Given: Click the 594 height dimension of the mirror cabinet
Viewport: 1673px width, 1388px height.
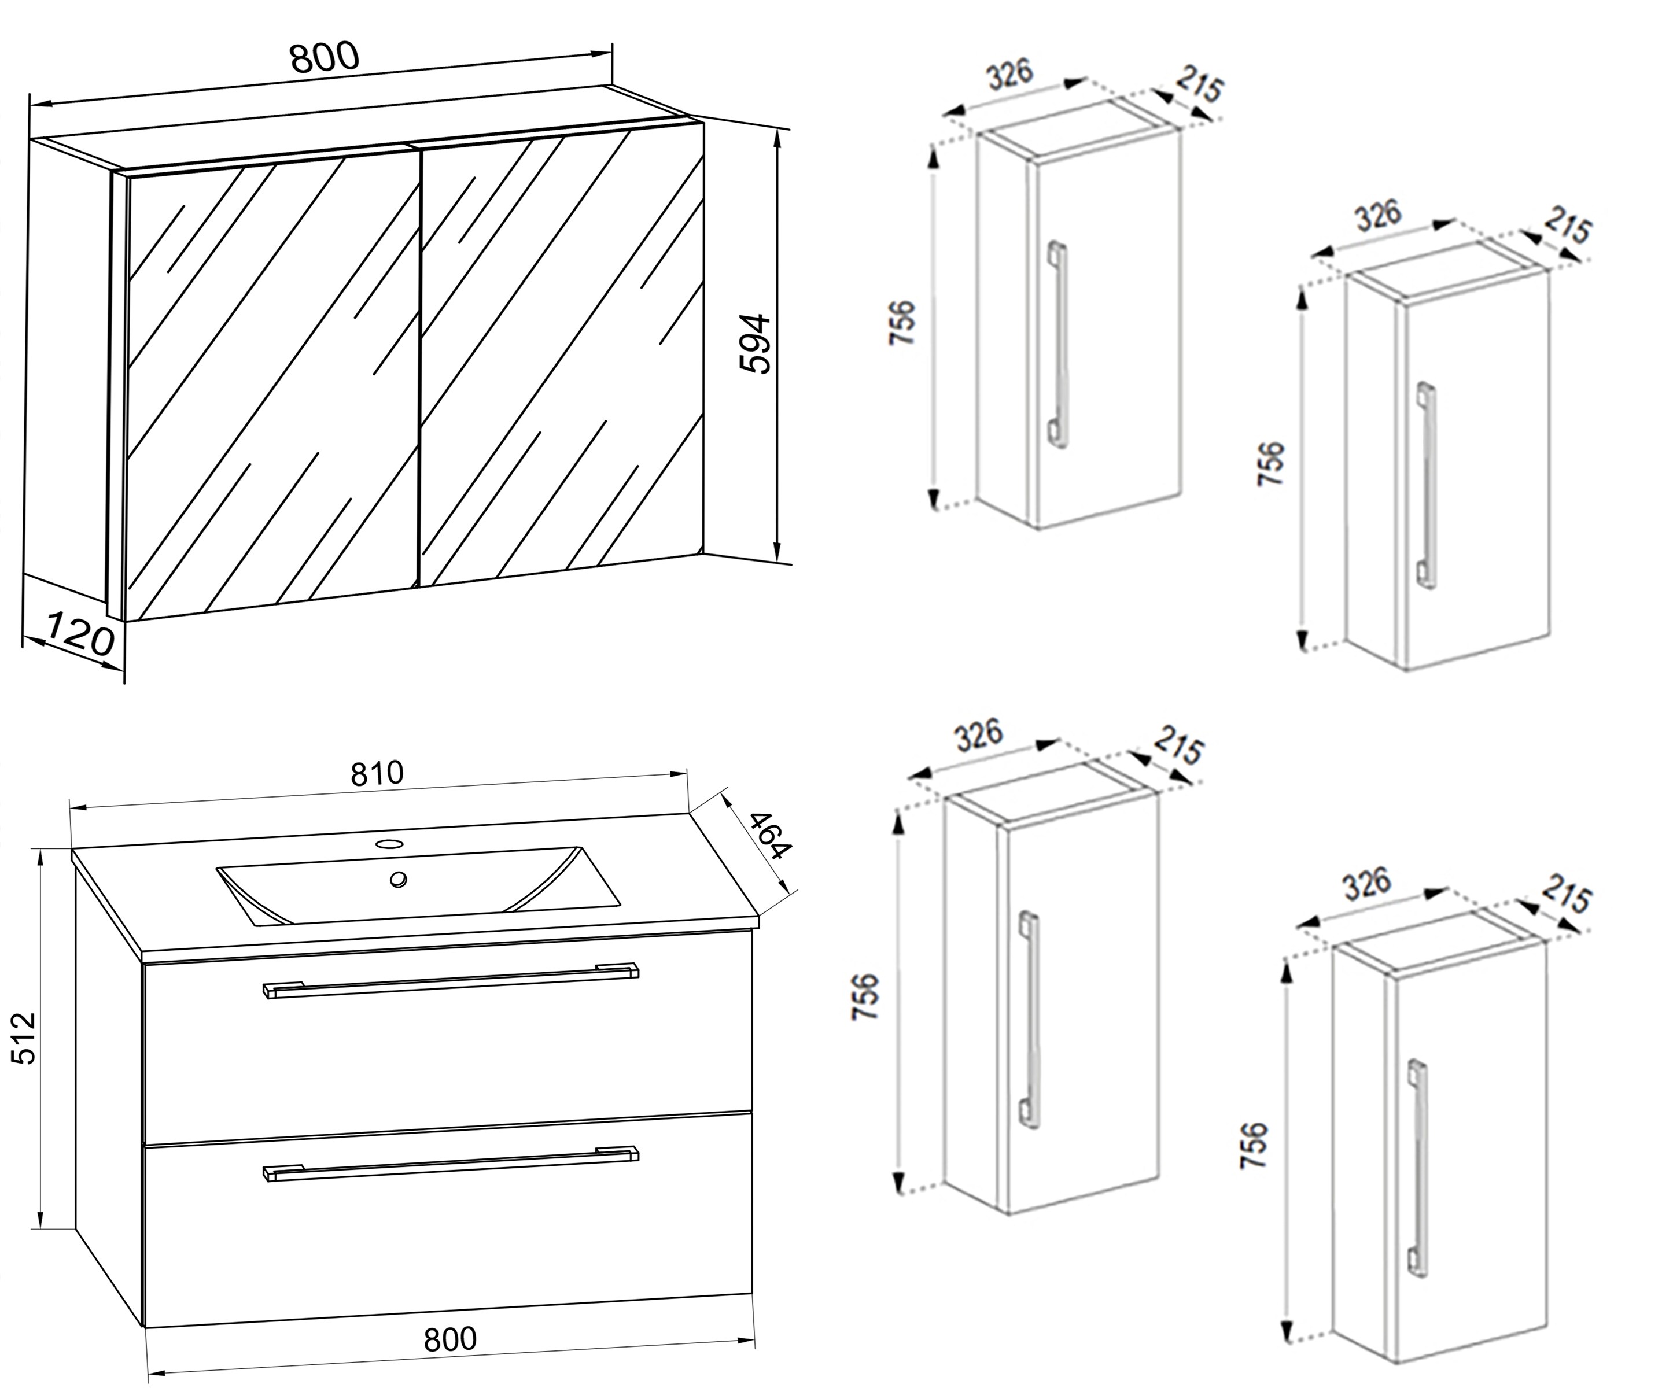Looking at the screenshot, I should click(754, 344).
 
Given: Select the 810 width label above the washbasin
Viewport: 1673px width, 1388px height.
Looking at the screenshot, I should click(378, 773).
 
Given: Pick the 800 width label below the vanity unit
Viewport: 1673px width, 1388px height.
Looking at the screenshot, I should click(450, 1339).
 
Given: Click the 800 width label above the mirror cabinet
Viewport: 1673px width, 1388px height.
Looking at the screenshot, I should click(324, 57).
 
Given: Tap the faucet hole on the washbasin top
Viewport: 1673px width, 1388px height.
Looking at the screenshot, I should click(389, 843).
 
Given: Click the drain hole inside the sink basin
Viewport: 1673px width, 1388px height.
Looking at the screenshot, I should click(399, 879).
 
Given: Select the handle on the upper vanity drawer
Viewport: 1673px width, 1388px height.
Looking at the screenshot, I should click(451, 980).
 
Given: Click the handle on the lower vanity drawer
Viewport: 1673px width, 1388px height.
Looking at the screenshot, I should click(451, 1164).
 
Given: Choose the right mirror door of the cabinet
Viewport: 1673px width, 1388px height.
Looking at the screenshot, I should click(562, 359).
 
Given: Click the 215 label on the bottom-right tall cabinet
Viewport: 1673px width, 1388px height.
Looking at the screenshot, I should click(1565, 895).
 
